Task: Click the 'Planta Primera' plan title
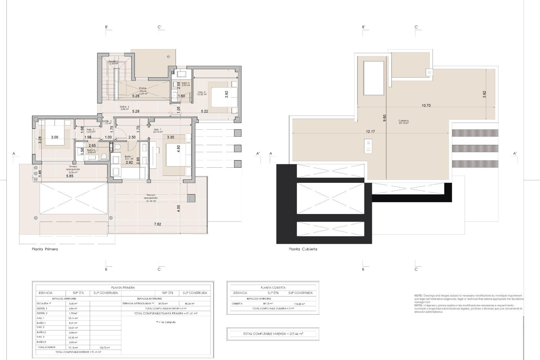click(45, 249)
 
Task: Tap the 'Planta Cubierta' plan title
click(303, 249)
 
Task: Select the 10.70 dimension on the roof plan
click(426, 105)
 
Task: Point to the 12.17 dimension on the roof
click(370, 131)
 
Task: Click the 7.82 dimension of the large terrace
click(158, 224)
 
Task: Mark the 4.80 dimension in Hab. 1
click(178, 149)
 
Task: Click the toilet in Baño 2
click(104, 156)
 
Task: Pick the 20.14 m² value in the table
click(73, 318)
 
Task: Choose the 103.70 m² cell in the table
click(104, 348)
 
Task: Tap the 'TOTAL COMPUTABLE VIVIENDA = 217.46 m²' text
click(273, 334)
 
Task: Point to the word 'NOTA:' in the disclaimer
click(418, 305)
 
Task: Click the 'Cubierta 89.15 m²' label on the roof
click(403, 122)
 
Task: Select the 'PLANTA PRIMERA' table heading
click(123, 288)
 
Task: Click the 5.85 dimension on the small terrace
click(70, 176)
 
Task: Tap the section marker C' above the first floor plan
click(159, 27)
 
